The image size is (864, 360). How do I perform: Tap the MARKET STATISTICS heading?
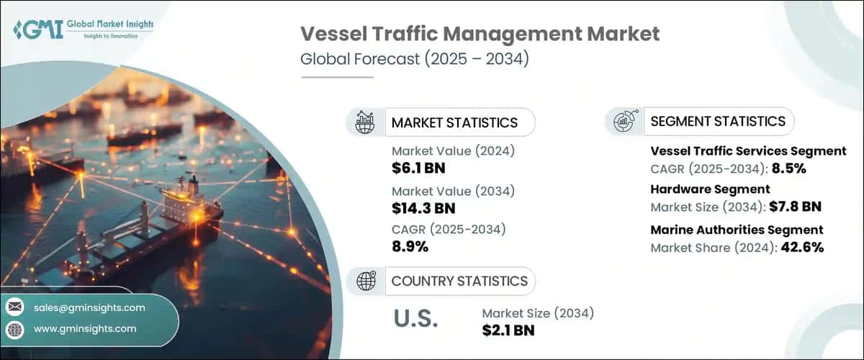click(x=454, y=122)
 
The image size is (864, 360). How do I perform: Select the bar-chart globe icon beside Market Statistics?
click(x=365, y=122)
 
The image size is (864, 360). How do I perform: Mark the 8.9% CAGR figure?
click(x=410, y=247)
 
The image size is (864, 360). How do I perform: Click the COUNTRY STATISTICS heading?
click(x=459, y=281)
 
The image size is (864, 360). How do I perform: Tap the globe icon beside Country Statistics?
click(x=365, y=281)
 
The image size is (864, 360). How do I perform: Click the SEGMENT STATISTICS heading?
click(x=718, y=122)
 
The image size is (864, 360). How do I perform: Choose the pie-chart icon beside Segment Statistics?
click(x=624, y=122)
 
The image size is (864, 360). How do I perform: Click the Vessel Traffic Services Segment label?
click(x=748, y=151)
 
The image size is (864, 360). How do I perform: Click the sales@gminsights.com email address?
click(x=89, y=307)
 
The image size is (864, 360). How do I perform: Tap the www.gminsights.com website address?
click(x=85, y=328)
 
